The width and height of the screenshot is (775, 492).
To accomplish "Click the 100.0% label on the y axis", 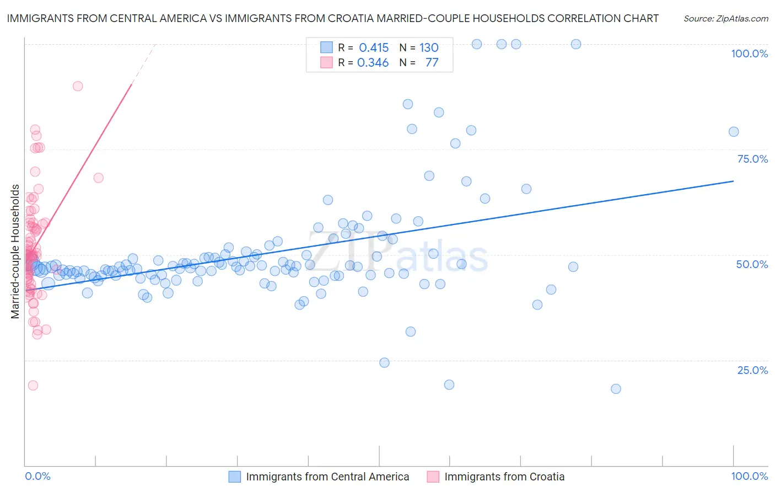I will (x=749, y=54).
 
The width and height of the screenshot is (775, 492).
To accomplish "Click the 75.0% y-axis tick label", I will (x=752, y=159).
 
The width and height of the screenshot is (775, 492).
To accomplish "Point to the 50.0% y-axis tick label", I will (x=752, y=264).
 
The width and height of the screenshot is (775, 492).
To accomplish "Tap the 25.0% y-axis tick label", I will (x=752, y=370).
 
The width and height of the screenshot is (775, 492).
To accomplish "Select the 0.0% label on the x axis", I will (x=37, y=476).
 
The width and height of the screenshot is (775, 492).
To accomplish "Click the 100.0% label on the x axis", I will (x=749, y=476).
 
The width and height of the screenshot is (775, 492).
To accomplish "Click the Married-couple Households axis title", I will (x=15, y=252).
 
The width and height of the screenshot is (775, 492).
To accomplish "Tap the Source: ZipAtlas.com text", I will (x=725, y=19).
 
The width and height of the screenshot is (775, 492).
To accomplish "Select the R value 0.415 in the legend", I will (x=374, y=47).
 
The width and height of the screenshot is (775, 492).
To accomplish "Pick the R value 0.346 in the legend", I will (x=373, y=62).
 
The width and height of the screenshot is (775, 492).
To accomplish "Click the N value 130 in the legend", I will (x=429, y=47).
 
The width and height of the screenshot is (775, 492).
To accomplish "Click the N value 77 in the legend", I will (x=432, y=62).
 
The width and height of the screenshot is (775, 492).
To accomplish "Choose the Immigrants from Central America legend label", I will (x=327, y=477).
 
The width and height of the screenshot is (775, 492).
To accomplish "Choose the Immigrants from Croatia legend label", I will (x=504, y=477).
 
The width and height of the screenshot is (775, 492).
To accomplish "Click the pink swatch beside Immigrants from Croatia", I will (x=433, y=477).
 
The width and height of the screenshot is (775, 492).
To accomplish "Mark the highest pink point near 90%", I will (x=78, y=86).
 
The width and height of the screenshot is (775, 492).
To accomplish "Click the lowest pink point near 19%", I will (x=33, y=386).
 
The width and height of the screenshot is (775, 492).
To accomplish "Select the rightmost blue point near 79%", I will (x=734, y=131).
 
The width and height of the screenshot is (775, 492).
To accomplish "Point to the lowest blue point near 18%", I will (x=616, y=389).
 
